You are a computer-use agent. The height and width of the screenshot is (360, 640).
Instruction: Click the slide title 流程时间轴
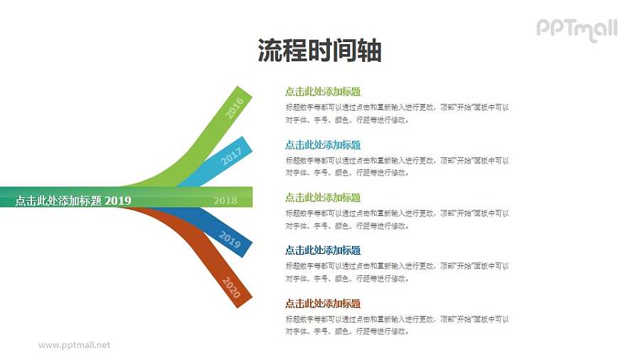pyautogui.click(x=319, y=51)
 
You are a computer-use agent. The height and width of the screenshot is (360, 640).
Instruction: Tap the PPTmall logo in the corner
pyautogui.click(x=576, y=29)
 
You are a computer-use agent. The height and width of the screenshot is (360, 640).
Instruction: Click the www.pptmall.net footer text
pyautogui.click(x=74, y=345)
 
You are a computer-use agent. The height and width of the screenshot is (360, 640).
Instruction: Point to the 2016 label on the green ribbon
pyautogui.click(x=234, y=107)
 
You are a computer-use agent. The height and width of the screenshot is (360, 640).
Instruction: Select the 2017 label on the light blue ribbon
pyautogui.click(x=231, y=156)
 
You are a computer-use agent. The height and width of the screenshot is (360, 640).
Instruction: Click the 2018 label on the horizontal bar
pyautogui.click(x=225, y=201)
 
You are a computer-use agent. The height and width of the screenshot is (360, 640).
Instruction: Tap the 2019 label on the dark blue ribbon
pyautogui.click(x=230, y=240)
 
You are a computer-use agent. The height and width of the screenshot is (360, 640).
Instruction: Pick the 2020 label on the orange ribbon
pyautogui.click(x=232, y=287)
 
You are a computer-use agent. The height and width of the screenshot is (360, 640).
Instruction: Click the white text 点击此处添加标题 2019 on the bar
pyautogui.click(x=73, y=201)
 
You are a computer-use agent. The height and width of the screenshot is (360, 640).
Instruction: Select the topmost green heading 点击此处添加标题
pyautogui.click(x=323, y=92)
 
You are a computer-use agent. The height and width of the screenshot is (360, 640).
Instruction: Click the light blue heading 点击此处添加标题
pyautogui.click(x=323, y=145)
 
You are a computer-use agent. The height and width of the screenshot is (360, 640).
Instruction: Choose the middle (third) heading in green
pyautogui.click(x=323, y=198)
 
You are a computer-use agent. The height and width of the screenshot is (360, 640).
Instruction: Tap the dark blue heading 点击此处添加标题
pyautogui.click(x=323, y=250)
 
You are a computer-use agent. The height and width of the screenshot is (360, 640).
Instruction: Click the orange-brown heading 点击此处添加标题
pyautogui.click(x=323, y=303)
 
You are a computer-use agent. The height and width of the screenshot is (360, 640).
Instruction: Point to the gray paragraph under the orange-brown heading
pyautogui.click(x=397, y=325)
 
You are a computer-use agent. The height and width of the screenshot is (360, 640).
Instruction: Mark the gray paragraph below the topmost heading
pyautogui.click(x=397, y=114)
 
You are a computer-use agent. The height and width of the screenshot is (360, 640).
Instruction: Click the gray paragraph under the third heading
pyautogui.click(x=397, y=219)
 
